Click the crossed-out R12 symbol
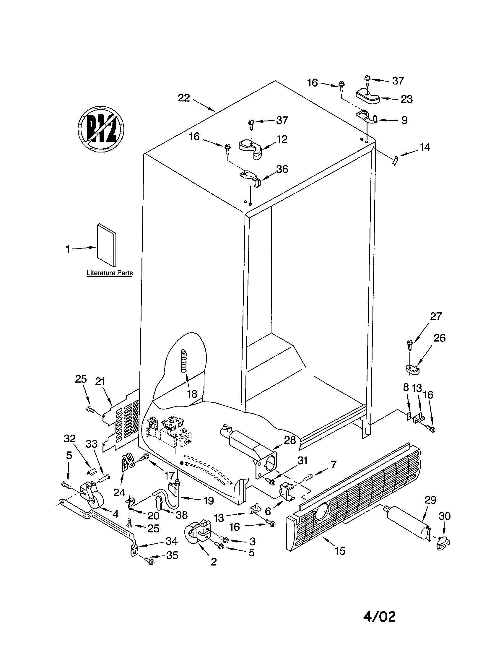(x=100, y=129)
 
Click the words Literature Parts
(x=110, y=273)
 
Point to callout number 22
(x=183, y=98)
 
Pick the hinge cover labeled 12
(x=252, y=148)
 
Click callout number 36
(x=282, y=169)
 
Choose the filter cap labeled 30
(x=443, y=544)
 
